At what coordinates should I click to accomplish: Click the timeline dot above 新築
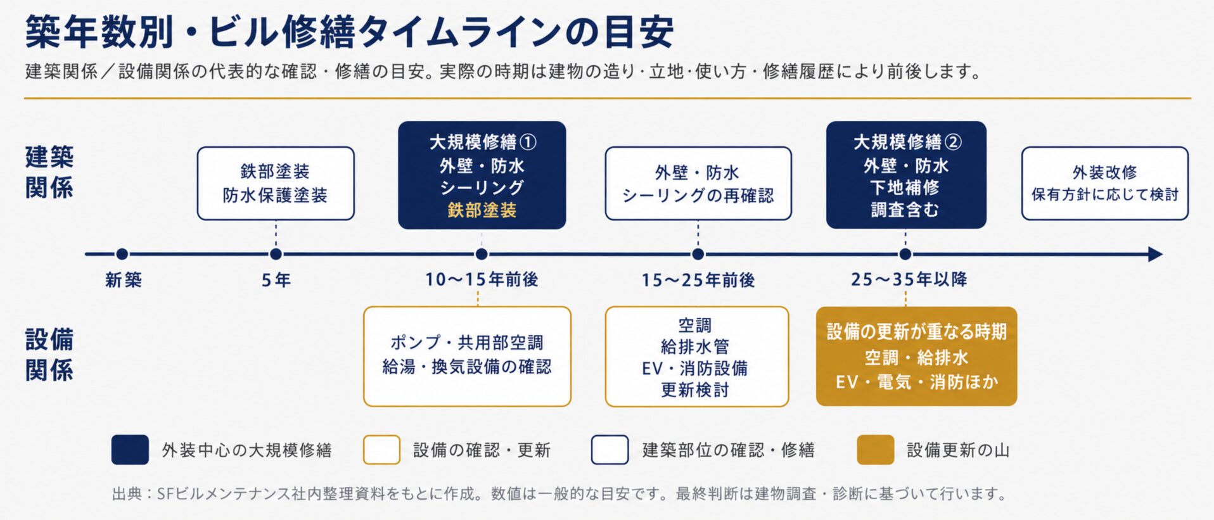click(122, 255)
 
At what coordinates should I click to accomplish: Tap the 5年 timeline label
click(276, 279)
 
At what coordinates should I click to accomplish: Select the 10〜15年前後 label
click(482, 279)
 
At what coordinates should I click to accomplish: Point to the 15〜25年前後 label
click(698, 279)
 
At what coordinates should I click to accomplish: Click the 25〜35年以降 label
click(909, 279)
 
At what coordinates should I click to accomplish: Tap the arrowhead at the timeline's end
click(1155, 255)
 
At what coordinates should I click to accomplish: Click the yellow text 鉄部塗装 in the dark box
click(482, 210)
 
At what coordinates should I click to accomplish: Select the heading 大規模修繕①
click(483, 142)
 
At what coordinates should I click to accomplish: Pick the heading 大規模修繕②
click(907, 142)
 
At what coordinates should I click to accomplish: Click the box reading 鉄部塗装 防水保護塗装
click(276, 184)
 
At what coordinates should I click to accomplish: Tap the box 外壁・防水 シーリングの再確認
click(698, 184)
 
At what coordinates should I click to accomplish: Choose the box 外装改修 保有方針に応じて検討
click(1105, 184)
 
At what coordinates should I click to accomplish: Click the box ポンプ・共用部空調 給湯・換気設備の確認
click(467, 357)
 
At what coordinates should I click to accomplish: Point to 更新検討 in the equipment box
click(695, 390)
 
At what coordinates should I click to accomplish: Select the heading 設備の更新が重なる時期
click(917, 332)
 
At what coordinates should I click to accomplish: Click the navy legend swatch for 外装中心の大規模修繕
click(130, 450)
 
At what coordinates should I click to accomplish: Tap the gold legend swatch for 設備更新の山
click(876, 450)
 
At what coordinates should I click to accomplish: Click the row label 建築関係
click(49, 172)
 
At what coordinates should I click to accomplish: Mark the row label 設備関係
click(49, 355)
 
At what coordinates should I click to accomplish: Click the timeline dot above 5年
click(276, 255)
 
